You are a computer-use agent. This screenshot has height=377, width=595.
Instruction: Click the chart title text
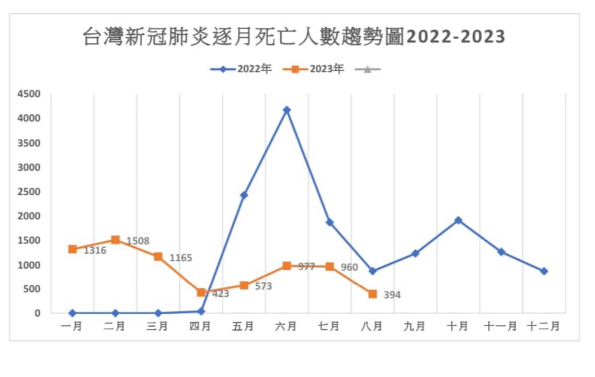click(x=294, y=37)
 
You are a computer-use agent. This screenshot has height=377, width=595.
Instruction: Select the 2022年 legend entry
click(x=242, y=69)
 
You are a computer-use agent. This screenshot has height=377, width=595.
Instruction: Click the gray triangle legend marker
click(x=368, y=69)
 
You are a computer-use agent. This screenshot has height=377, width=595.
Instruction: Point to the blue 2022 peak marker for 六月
click(x=287, y=110)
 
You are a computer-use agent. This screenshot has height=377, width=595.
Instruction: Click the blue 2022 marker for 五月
click(x=244, y=195)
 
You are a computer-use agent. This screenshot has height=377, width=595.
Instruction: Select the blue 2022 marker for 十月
click(x=458, y=220)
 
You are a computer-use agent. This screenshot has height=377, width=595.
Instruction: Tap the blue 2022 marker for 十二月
click(x=544, y=271)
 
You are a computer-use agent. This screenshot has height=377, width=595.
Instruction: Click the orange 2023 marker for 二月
click(x=116, y=240)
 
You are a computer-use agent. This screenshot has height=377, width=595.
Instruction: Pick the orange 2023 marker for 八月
click(x=372, y=294)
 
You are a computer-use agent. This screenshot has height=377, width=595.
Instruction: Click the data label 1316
click(x=95, y=251)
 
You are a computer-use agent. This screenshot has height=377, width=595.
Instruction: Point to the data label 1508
click(x=138, y=241)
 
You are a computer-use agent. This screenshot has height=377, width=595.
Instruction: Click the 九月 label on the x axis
click(x=415, y=326)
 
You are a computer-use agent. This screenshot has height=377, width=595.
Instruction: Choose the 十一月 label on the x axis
click(x=501, y=326)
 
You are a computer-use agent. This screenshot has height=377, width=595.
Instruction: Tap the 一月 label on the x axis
click(x=72, y=326)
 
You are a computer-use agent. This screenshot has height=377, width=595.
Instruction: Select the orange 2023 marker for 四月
click(x=201, y=292)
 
